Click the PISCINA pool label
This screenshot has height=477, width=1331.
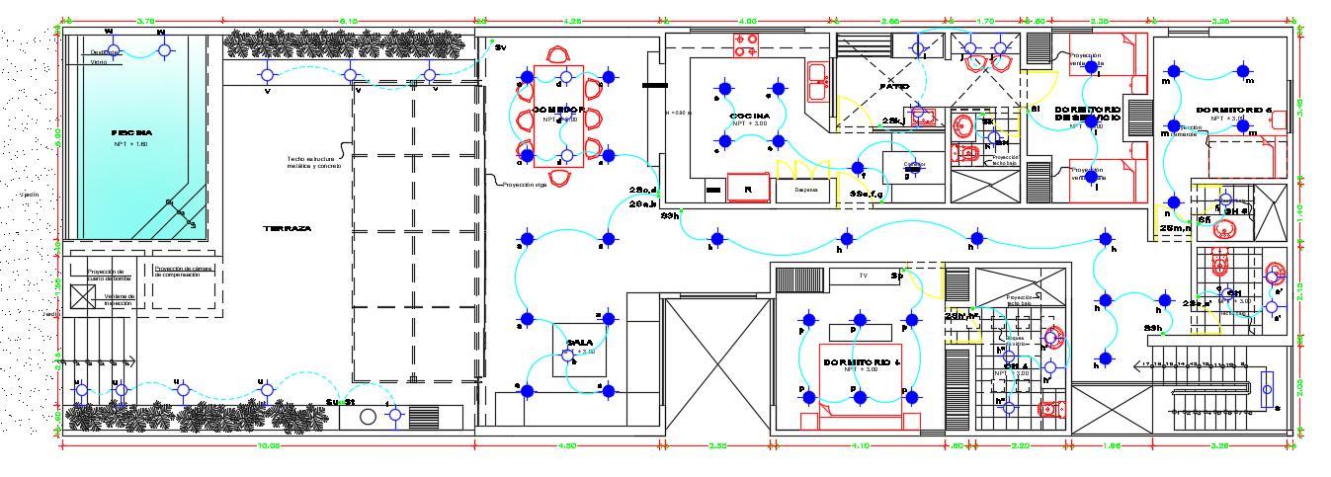click(132, 132)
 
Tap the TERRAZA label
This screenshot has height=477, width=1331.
click(288, 228)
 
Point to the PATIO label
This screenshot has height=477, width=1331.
click(893, 88)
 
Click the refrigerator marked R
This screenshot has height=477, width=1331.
click(748, 188)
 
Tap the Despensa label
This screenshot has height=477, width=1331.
click(801, 191)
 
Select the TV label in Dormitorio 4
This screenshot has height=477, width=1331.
click(863, 276)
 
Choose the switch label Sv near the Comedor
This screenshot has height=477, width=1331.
click(500, 47)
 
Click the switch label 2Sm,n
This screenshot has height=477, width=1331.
click(1173, 228)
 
